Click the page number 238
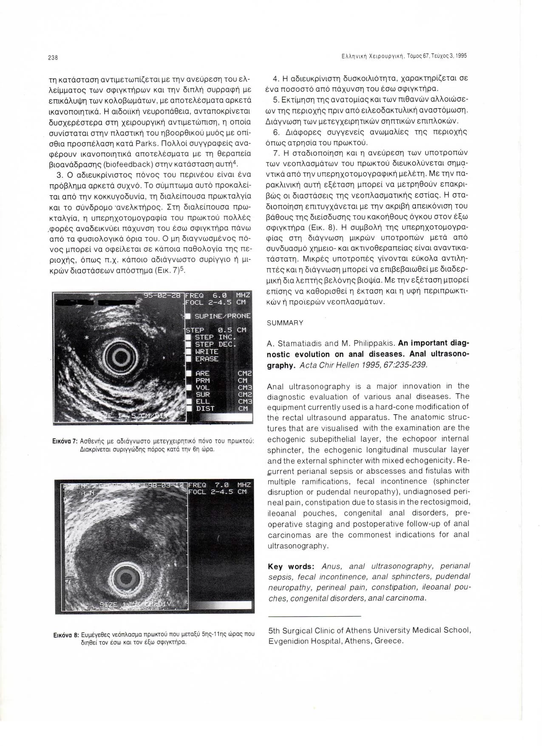tap(53, 57)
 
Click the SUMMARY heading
tap(285, 323)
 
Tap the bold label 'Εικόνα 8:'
tap(65, 634)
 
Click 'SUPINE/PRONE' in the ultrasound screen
tap(222, 316)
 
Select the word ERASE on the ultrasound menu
tap(207, 359)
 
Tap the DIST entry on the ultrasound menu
tap(205, 408)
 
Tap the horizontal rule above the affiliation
tap(315, 616)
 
